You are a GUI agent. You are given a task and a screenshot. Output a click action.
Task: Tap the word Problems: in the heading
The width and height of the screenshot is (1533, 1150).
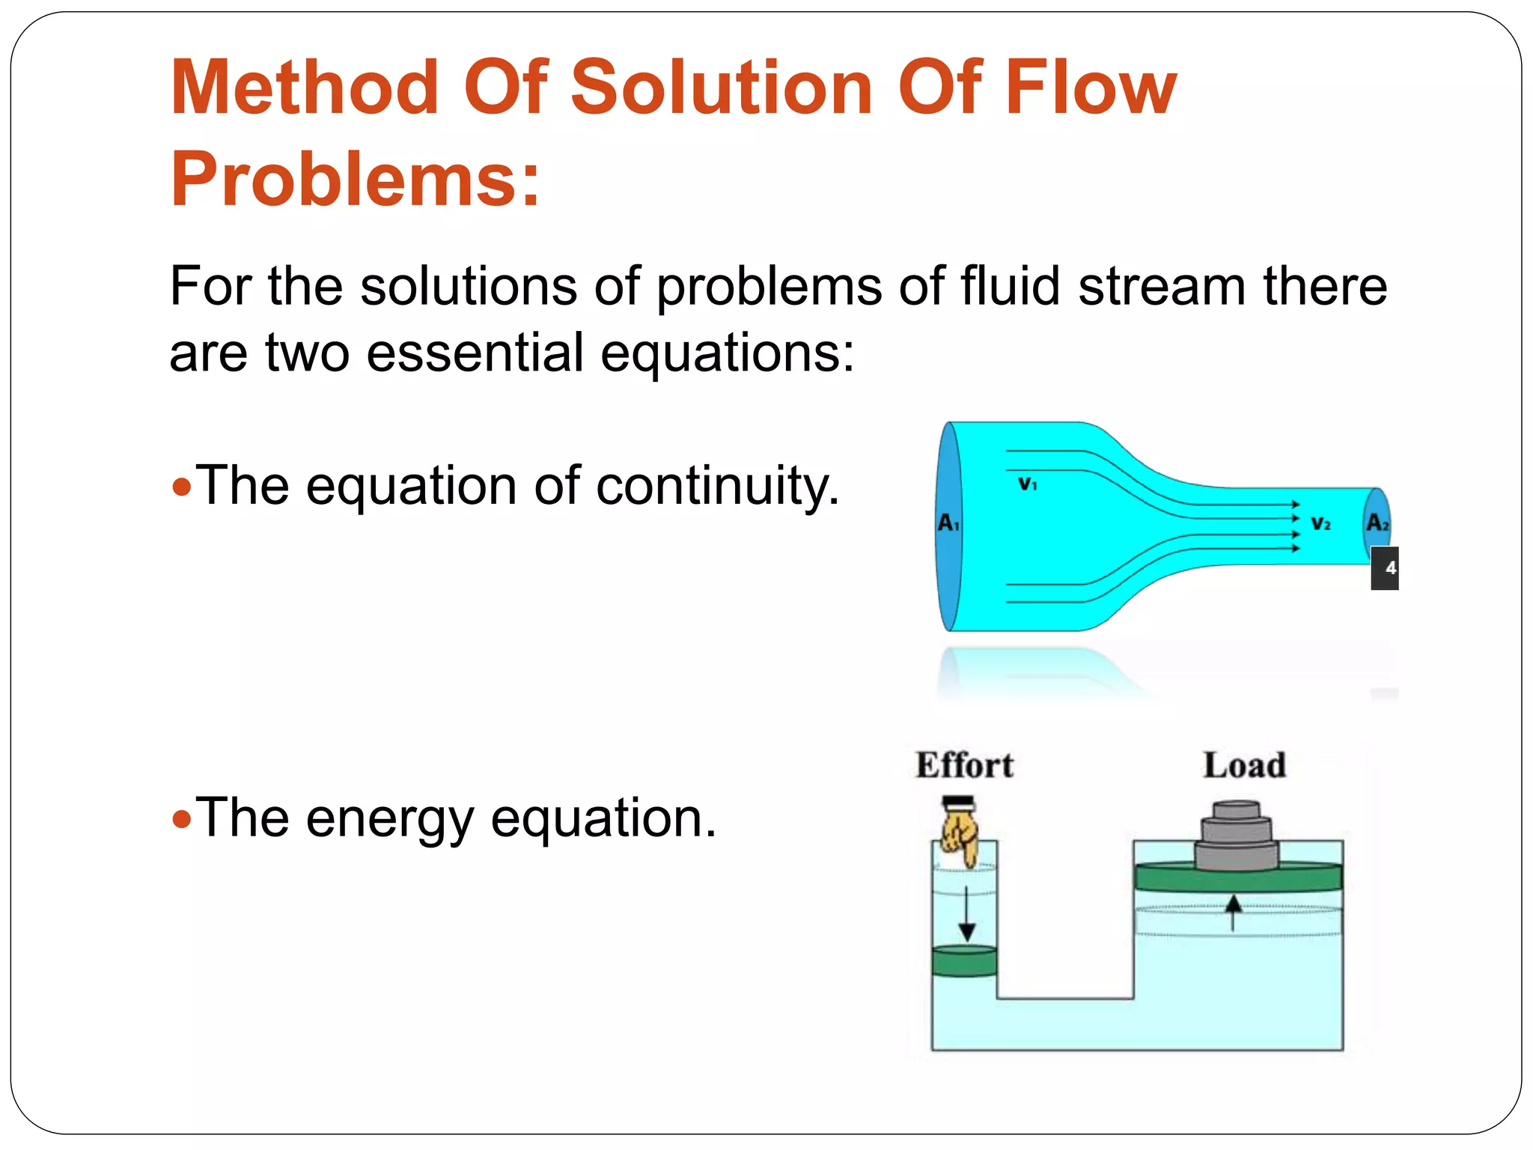coord(355,180)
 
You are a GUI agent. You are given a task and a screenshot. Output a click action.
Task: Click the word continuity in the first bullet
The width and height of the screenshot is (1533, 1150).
coord(717,486)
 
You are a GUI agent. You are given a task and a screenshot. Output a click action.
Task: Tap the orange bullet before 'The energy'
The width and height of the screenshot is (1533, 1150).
coord(182,820)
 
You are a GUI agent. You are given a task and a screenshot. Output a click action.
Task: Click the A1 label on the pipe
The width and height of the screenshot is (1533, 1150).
coord(948,523)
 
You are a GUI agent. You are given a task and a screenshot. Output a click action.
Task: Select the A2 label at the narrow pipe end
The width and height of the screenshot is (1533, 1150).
coord(1377,523)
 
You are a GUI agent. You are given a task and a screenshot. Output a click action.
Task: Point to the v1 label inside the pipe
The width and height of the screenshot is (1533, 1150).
coord(1028,484)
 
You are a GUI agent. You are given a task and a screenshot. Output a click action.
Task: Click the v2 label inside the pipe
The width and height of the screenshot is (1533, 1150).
coord(1320,523)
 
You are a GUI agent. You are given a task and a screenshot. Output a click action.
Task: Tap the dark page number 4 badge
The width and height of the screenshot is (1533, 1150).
coord(1386,568)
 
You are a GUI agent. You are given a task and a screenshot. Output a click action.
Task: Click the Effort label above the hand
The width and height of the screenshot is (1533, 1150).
coord(964,765)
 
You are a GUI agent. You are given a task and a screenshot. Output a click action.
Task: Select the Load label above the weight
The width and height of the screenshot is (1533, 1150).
coord(1244,765)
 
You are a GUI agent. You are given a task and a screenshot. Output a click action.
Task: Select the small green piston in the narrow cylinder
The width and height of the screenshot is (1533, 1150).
coord(965,961)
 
